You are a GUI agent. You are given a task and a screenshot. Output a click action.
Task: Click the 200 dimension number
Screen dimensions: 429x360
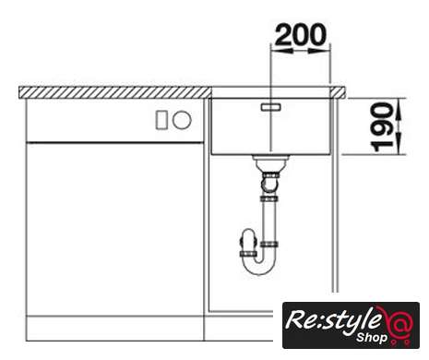point(301,34)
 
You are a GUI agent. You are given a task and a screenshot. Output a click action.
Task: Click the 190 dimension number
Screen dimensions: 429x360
point(382,127)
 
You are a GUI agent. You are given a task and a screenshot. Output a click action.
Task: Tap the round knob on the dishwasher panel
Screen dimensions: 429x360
point(182,120)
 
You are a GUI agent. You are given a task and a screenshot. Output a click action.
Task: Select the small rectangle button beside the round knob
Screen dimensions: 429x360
point(161,120)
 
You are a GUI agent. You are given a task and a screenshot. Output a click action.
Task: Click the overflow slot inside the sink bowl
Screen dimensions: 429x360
point(271,107)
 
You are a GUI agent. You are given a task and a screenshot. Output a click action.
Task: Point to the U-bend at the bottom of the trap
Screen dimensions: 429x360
point(259,265)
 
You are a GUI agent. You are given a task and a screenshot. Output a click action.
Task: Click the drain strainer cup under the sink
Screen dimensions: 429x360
point(271,163)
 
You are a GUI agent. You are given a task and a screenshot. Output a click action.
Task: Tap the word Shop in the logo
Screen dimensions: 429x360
point(372,338)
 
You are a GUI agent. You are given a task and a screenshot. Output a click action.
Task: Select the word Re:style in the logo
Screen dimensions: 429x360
point(334,321)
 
